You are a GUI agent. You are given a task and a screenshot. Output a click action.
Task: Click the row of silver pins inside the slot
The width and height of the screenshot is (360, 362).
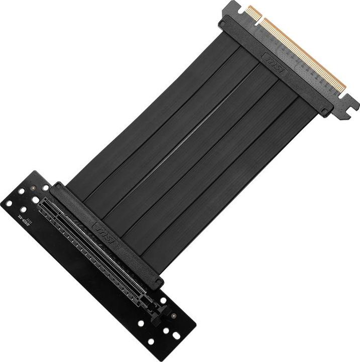[96, 246]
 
